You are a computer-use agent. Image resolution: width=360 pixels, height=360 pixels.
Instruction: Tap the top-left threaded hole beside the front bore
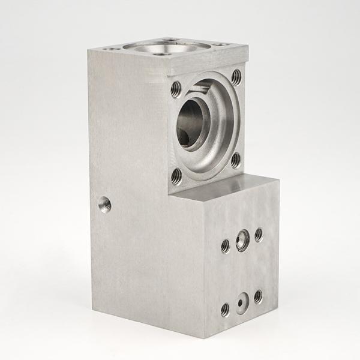coord(176,90)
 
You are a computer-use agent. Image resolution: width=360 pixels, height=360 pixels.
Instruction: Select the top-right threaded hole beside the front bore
coord(236,76)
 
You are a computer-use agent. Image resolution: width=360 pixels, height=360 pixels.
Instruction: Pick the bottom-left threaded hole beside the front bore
coord(176,176)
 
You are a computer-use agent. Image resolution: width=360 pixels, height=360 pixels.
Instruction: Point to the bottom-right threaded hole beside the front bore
coord(236,160)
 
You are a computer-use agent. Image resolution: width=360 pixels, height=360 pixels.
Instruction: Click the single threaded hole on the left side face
coord(104,205)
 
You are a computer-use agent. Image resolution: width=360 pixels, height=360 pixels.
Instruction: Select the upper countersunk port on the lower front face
coord(243,239)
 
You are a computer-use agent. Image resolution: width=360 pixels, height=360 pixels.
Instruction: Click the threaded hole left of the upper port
coord(226,245)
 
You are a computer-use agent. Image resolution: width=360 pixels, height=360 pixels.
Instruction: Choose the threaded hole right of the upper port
coord(259,235)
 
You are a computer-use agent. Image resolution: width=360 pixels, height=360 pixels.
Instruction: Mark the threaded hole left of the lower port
coord(225,310)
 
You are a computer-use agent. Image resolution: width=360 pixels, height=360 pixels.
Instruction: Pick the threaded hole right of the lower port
coord(258,296)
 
